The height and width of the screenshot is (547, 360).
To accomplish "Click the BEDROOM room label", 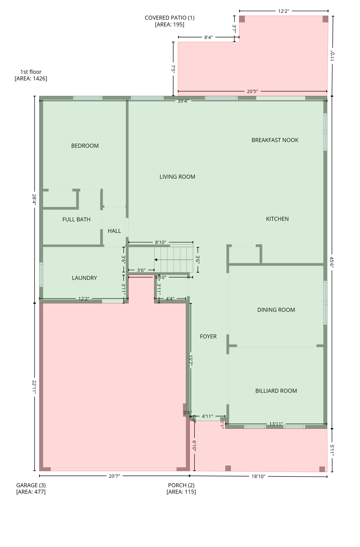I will click(x=85, y=146).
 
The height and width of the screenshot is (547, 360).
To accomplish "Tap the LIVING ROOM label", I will click(x=177, y=177).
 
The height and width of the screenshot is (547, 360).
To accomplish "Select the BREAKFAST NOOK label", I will click(x=275, y=140).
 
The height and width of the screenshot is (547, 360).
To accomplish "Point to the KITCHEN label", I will click(x=277, y=219).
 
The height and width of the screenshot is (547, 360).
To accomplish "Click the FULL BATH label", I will click(x=76, y=219).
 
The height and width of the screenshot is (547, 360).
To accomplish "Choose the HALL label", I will click(x=114, y=231).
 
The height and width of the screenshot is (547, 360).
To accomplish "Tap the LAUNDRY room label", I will click(x=84, y=278).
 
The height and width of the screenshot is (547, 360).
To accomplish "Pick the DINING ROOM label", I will click(x=276, y=310).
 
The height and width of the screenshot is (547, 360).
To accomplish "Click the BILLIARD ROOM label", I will click(x=276, y=391).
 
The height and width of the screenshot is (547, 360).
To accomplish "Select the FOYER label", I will click(x=208, y=336).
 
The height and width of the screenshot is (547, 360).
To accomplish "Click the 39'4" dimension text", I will click(x=183, y=101).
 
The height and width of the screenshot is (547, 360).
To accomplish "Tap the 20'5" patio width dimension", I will click(x=252, y=92).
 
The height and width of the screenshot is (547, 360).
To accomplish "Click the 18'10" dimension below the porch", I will click(x=258, y=476).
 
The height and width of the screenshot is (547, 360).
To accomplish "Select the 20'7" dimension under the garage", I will click(x=114, y=476).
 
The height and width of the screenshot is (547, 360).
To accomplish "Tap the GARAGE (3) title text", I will click(x=31, y=485).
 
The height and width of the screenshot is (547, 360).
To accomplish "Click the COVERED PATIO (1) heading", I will click(x=170, y=18).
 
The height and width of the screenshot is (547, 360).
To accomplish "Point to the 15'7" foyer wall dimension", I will click(x=191, y=360).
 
